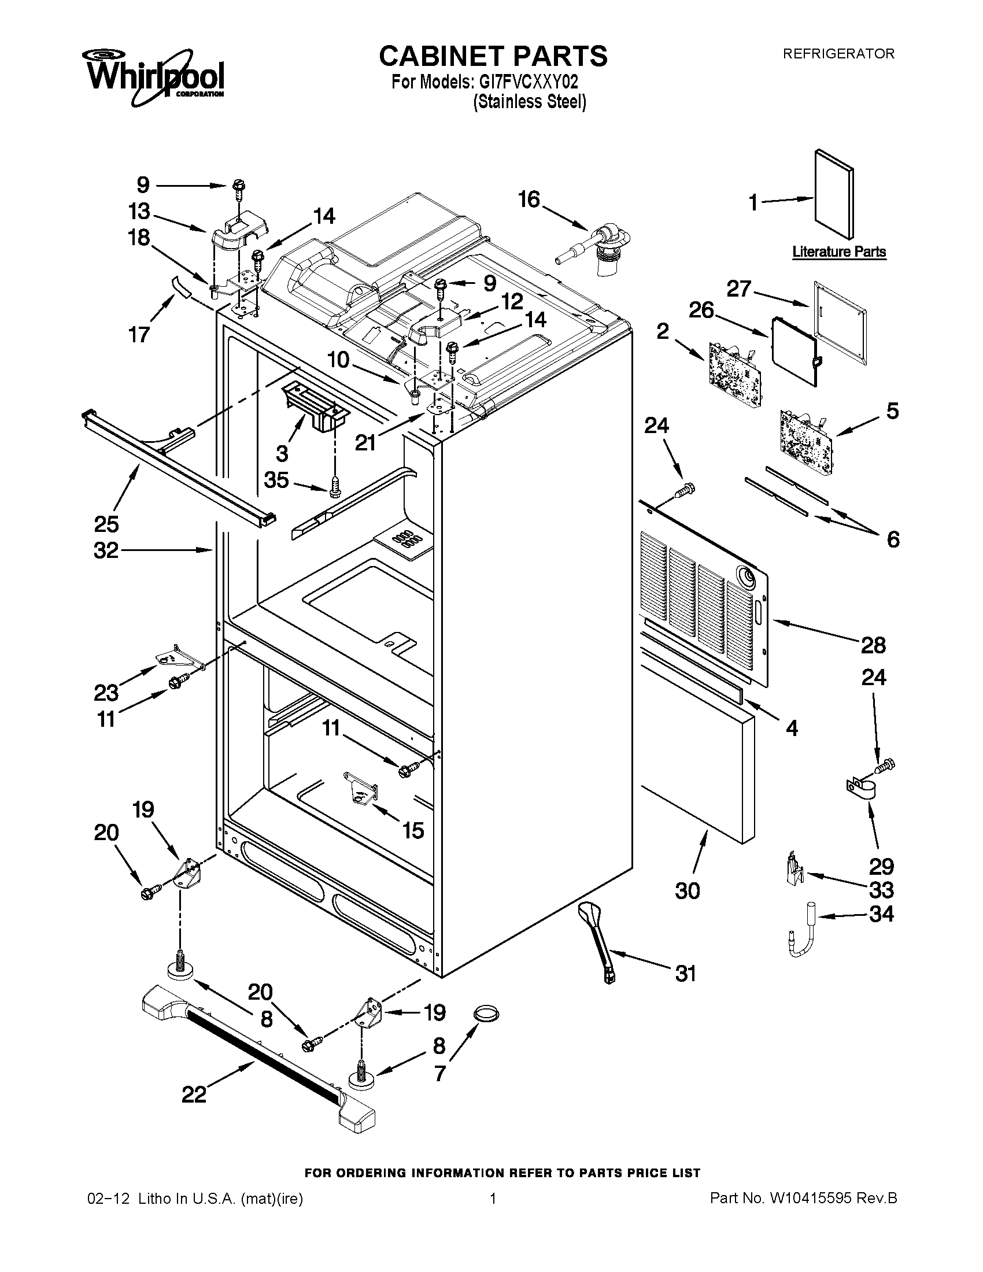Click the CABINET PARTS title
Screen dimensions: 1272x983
point(493,57)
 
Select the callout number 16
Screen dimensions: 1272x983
point(529,200)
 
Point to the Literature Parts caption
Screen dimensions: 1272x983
point(838,252)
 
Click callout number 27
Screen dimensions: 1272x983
point(739,289)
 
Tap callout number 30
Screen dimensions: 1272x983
point(687,891)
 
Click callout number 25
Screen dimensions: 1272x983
point(106,524)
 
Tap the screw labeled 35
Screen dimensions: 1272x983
point(335,487)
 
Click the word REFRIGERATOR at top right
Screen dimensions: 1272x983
point(838,54)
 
